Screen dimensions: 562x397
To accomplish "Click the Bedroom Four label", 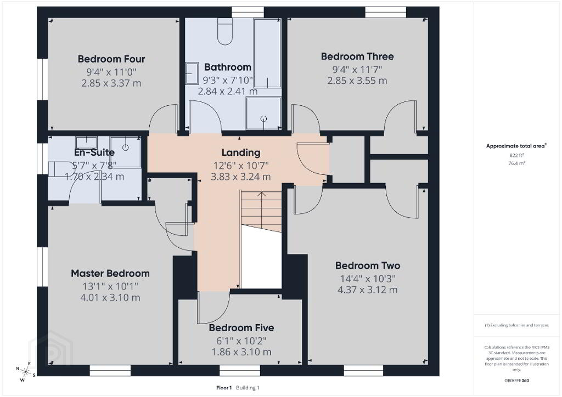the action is coord(111,59).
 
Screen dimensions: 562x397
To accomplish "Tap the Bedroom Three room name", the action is coord(357,56).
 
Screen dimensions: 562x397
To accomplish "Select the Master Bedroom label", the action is coord(110,274).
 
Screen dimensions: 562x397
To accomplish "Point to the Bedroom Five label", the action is coord(241,327).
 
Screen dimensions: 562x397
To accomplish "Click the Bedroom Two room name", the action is coord(367,265).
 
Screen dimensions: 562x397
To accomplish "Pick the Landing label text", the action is coord(241,152).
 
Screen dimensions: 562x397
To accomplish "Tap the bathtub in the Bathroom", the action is coord(267,53).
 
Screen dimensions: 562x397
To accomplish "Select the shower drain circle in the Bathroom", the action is coord(264,118).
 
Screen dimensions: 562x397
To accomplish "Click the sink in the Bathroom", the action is coord(192,73).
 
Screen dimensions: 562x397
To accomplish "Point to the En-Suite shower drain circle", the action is coord(126,147).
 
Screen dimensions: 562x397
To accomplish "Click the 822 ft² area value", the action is coord(516,155).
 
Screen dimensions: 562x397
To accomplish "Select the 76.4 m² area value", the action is coord(516,163).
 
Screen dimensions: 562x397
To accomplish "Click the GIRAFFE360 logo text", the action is coord(516,380).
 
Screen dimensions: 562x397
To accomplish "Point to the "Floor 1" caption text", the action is coord(224,388).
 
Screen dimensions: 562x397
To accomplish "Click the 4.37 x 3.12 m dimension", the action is coord(367,290).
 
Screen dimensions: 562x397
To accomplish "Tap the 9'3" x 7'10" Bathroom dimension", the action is coord(228,80).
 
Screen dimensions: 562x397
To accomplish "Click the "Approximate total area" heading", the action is coord(515,146).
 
